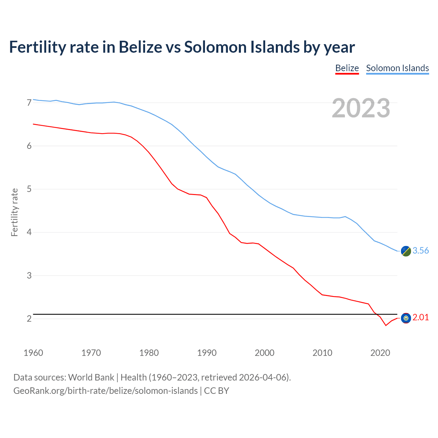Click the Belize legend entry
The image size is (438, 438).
tap(347, 68)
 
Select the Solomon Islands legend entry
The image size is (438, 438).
tap(397, 68)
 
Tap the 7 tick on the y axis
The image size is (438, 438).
tap(29, 103)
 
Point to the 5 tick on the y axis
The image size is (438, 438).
tap(29, 189)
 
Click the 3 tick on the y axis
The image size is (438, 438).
tap(29, 275)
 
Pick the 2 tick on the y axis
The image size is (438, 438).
tap(29, 319)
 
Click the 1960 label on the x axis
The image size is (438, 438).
tap(33, 353)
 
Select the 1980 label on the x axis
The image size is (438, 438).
tap(149, 353)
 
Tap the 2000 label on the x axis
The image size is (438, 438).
tap(265, 353)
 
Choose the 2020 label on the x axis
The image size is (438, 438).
tap(380, 353)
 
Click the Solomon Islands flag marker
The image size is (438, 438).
tap(406, 251)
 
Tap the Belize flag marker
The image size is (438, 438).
tap(406, 318)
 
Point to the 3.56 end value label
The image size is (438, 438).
tap(421, 251)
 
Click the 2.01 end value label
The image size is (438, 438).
tap(421, 318)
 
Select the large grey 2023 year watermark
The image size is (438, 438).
tap(361, 108)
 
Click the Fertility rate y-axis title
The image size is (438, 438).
tap(14, 212)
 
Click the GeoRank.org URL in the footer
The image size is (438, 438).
tap(105, 391)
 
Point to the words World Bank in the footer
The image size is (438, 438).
tap(91, 377)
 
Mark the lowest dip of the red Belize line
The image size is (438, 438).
tap(386, 325)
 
